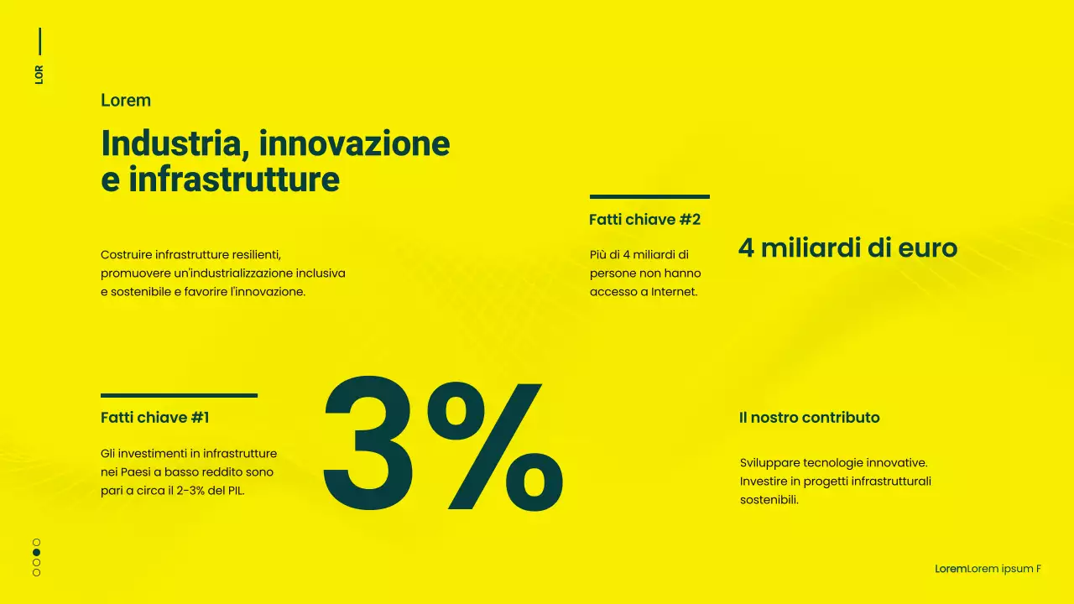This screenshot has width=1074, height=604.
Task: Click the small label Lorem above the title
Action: [126, 101]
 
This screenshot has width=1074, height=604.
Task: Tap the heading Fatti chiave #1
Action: [155, 417]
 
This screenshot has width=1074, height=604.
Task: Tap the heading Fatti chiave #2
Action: [644, 220]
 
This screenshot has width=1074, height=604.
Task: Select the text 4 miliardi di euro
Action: [847, 248]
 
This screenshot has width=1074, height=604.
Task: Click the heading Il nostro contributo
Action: [810, 418]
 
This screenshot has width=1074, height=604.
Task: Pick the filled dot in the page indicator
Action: [36, 553]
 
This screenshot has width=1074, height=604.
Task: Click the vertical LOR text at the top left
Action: [39, 74]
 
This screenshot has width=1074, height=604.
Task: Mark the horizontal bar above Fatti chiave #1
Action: [179, 395]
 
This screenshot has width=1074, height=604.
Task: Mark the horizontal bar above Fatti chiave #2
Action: [649, 197]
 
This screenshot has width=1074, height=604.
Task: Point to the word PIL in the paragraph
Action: [234, 491]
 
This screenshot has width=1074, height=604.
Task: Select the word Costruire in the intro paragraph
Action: [127, 254]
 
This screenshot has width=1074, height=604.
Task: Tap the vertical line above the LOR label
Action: [39, 42]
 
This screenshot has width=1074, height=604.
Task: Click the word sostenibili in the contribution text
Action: [768, 500]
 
